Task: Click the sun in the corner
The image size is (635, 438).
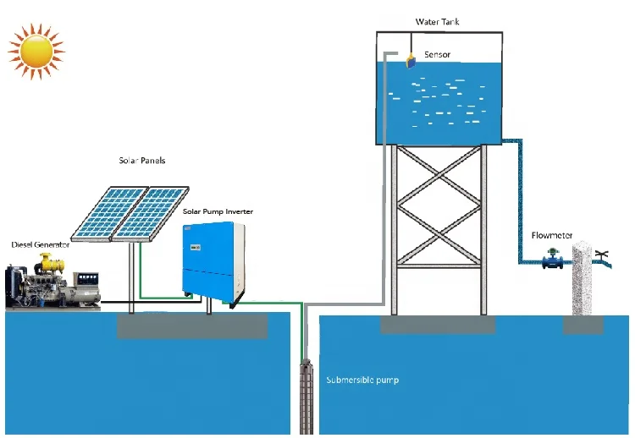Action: [36, 51]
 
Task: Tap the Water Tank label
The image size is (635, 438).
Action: [437, 22]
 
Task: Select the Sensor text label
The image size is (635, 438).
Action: [438, 55]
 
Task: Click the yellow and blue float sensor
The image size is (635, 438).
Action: [411, 58]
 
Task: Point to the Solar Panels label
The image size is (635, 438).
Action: [141, 159]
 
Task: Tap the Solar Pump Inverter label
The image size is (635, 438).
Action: [218, 211]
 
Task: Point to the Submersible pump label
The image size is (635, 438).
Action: [362, 381]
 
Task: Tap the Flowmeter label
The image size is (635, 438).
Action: [548, 235]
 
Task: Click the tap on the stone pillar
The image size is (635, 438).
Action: [603, 253]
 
